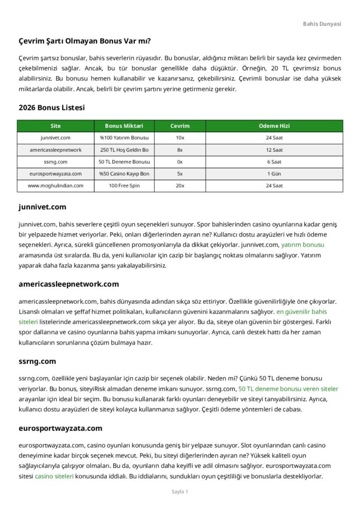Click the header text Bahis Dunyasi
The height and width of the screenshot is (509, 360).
tap(322, 24)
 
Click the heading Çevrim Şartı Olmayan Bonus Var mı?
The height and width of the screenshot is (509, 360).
tap(85, 41)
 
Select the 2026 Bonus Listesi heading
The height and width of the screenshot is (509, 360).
tap(52, 107)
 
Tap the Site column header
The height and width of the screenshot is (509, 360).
tap(56, 126)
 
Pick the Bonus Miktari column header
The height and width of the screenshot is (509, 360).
tap(124, 126)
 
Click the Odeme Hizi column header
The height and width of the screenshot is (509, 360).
tap(274, 126)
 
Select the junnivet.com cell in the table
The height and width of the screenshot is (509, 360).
tap(56, 138)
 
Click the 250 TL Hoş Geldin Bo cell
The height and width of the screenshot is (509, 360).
tap(124, 150)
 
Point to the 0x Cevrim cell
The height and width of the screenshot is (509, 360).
tap(180, 162)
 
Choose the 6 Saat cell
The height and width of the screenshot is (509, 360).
tap(274, 162)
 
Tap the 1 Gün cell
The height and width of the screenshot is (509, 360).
tap(274, 173)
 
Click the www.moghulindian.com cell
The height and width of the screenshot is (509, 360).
tap(56, 185)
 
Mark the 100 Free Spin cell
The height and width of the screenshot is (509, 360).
tap(124, 185)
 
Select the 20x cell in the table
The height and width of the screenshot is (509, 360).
tap(180, 185)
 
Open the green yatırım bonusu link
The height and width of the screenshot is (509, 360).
tap(302, 245)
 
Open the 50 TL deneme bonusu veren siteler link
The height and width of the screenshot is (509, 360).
tap(288, 389)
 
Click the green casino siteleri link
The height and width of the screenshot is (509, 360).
tap(54, 476)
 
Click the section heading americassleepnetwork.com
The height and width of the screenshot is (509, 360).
tap(69, 284)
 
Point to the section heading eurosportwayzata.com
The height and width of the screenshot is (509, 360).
tap(60, 428)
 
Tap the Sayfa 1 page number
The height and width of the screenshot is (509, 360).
tap(180, 492)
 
